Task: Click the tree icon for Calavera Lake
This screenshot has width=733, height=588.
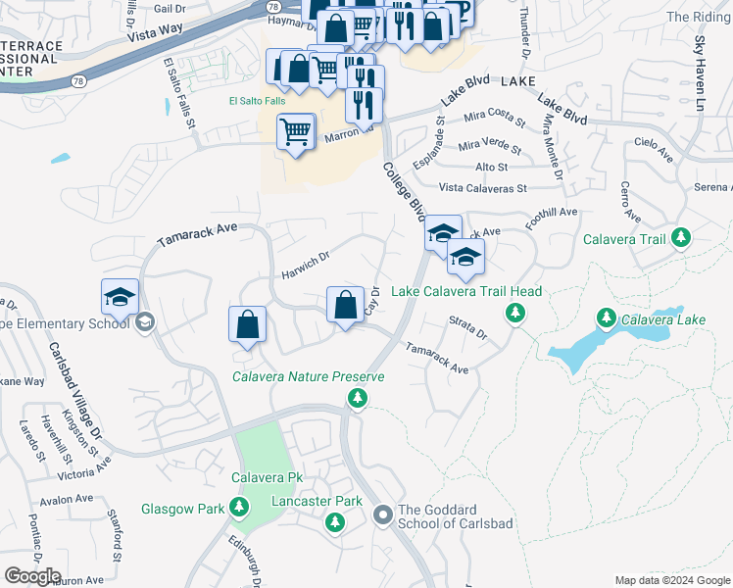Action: pyautogui.click(x=607, y=318)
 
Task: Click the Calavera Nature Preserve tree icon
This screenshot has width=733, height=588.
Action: pyautogui.click(x=358, y=397)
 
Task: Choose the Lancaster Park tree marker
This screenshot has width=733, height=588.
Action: pyautogui.click(x=333, y=521)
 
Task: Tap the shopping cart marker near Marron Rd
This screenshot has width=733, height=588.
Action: pyautogui.click(x=295, y=130)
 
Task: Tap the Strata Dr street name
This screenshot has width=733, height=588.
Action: pyautogui.click(x=467, y=327)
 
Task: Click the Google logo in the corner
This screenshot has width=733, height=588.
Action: pyautogui.click(x=32, y=575)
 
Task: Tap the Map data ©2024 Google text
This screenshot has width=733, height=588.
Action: pyautogui.click(x=671, y=579)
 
